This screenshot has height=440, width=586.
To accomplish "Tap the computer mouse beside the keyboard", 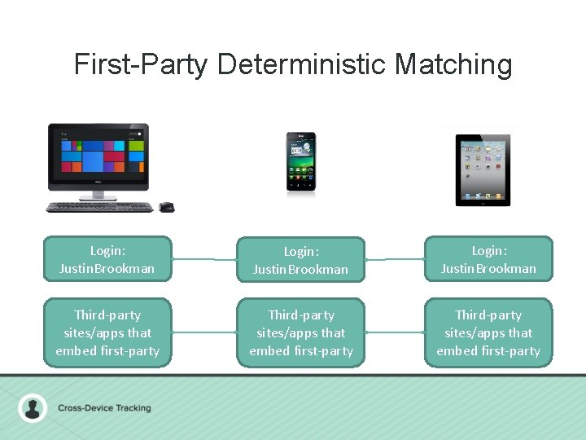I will tap(166, 207).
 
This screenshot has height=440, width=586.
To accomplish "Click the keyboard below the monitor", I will tap(99, 207).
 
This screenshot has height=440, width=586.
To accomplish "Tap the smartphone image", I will tap(300, 163).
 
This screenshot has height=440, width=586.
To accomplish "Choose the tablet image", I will tap(483, 169).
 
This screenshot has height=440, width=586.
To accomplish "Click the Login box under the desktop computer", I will tap(107, 259).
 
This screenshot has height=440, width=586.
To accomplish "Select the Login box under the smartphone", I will tap(300, 260).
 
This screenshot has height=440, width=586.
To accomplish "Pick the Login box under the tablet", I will tap(488, 259).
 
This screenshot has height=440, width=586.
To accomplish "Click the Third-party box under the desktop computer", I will tap(107, 332).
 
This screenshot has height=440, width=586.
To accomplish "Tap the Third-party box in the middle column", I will tap(300, 332).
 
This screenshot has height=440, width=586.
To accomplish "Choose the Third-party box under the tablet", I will tap(488, 332).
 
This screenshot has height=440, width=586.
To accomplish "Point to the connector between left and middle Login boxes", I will tap(204, 259).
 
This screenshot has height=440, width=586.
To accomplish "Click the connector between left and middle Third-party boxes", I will tap(204, 332).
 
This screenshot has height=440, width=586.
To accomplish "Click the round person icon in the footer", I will tap(33, 407).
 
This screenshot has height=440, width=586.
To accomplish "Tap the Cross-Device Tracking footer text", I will tap(104, 407).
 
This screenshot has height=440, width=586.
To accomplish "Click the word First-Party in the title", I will tap(141, 64).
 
